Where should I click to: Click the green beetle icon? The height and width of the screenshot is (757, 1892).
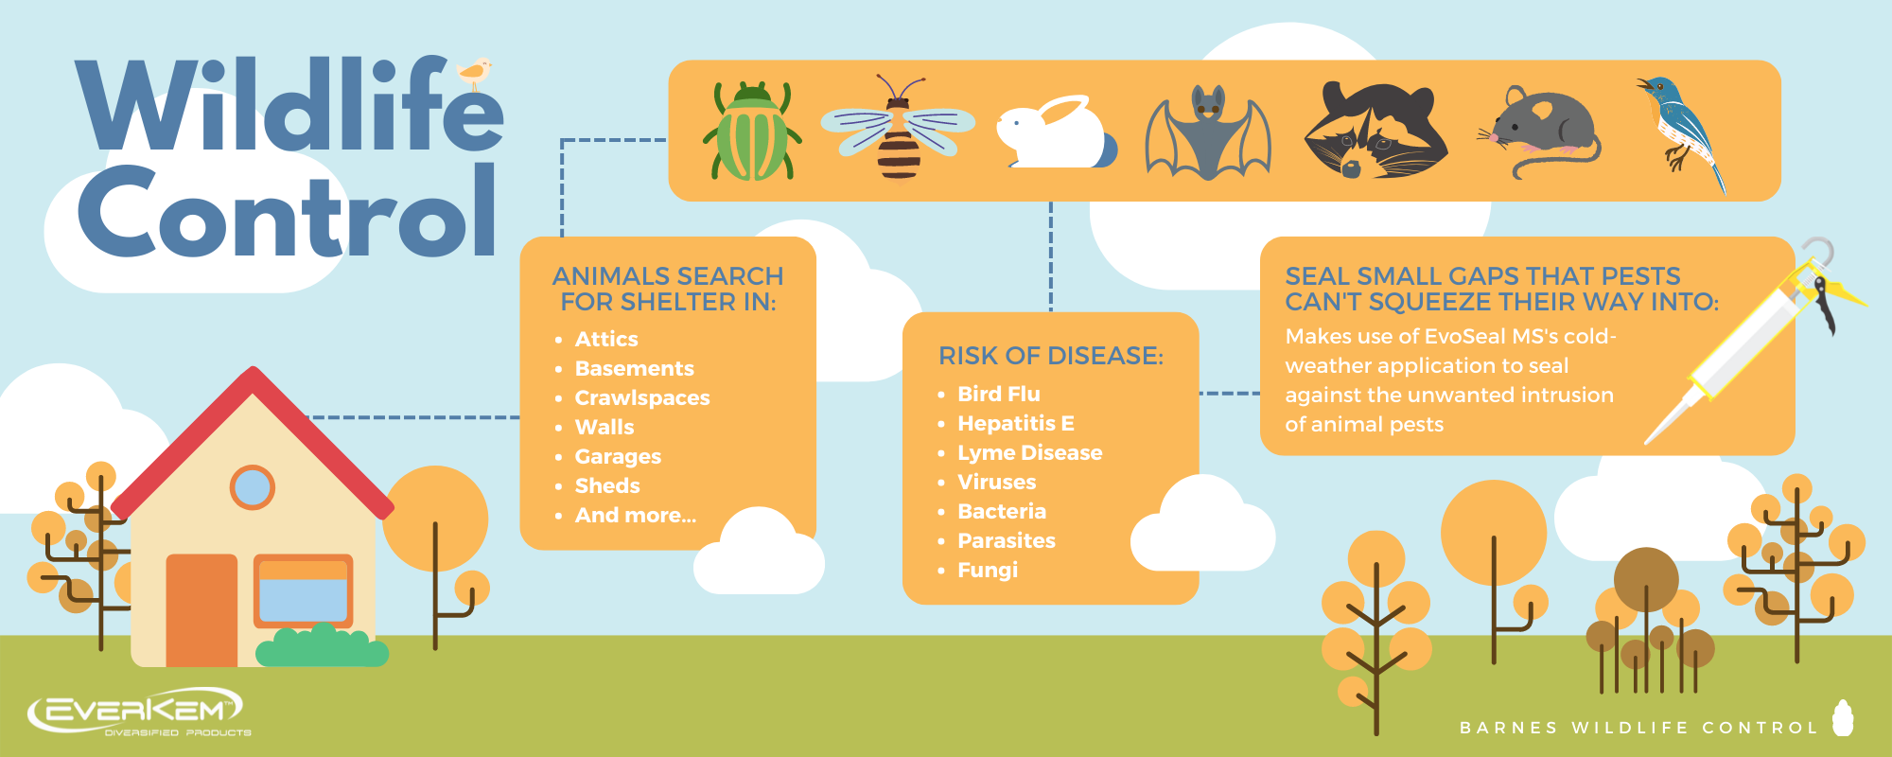point(752,132)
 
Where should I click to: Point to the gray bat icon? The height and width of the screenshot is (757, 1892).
point(1208,132)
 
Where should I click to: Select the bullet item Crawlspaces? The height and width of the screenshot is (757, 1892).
point(641,397)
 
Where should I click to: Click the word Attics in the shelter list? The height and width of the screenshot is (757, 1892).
point(606,339)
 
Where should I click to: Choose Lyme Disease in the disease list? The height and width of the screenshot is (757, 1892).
point(1029,452)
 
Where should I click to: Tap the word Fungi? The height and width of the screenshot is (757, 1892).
point(988,570)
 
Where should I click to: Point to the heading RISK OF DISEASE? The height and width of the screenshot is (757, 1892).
point(1050,356)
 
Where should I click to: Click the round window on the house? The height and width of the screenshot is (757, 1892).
point(252,487)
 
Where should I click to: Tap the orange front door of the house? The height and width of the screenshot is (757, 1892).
point(201,610)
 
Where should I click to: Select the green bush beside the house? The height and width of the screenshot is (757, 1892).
point(322,647)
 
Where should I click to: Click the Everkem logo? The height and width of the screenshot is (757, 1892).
point(137,712)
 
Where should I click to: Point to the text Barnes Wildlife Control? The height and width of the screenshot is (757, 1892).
point(1638,728)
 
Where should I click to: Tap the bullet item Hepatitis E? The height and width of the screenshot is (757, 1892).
point(1015,423)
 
